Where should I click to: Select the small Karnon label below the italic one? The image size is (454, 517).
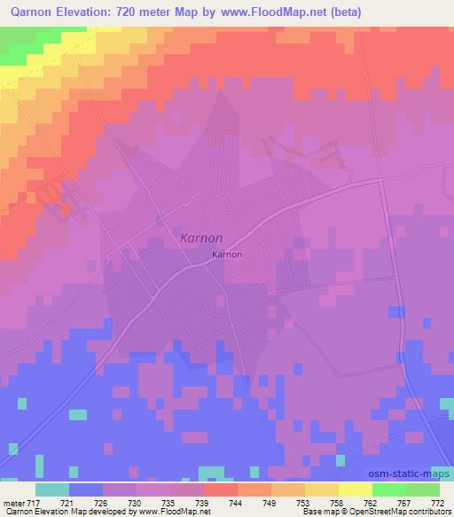[227, 255]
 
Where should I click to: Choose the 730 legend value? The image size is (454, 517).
[136, 503]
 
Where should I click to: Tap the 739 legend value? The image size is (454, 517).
[202, 503]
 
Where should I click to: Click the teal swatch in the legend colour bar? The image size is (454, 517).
[52, 489]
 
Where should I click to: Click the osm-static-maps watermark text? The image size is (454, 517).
[411, 474]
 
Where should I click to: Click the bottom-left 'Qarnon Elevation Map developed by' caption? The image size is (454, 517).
[62, 513]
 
